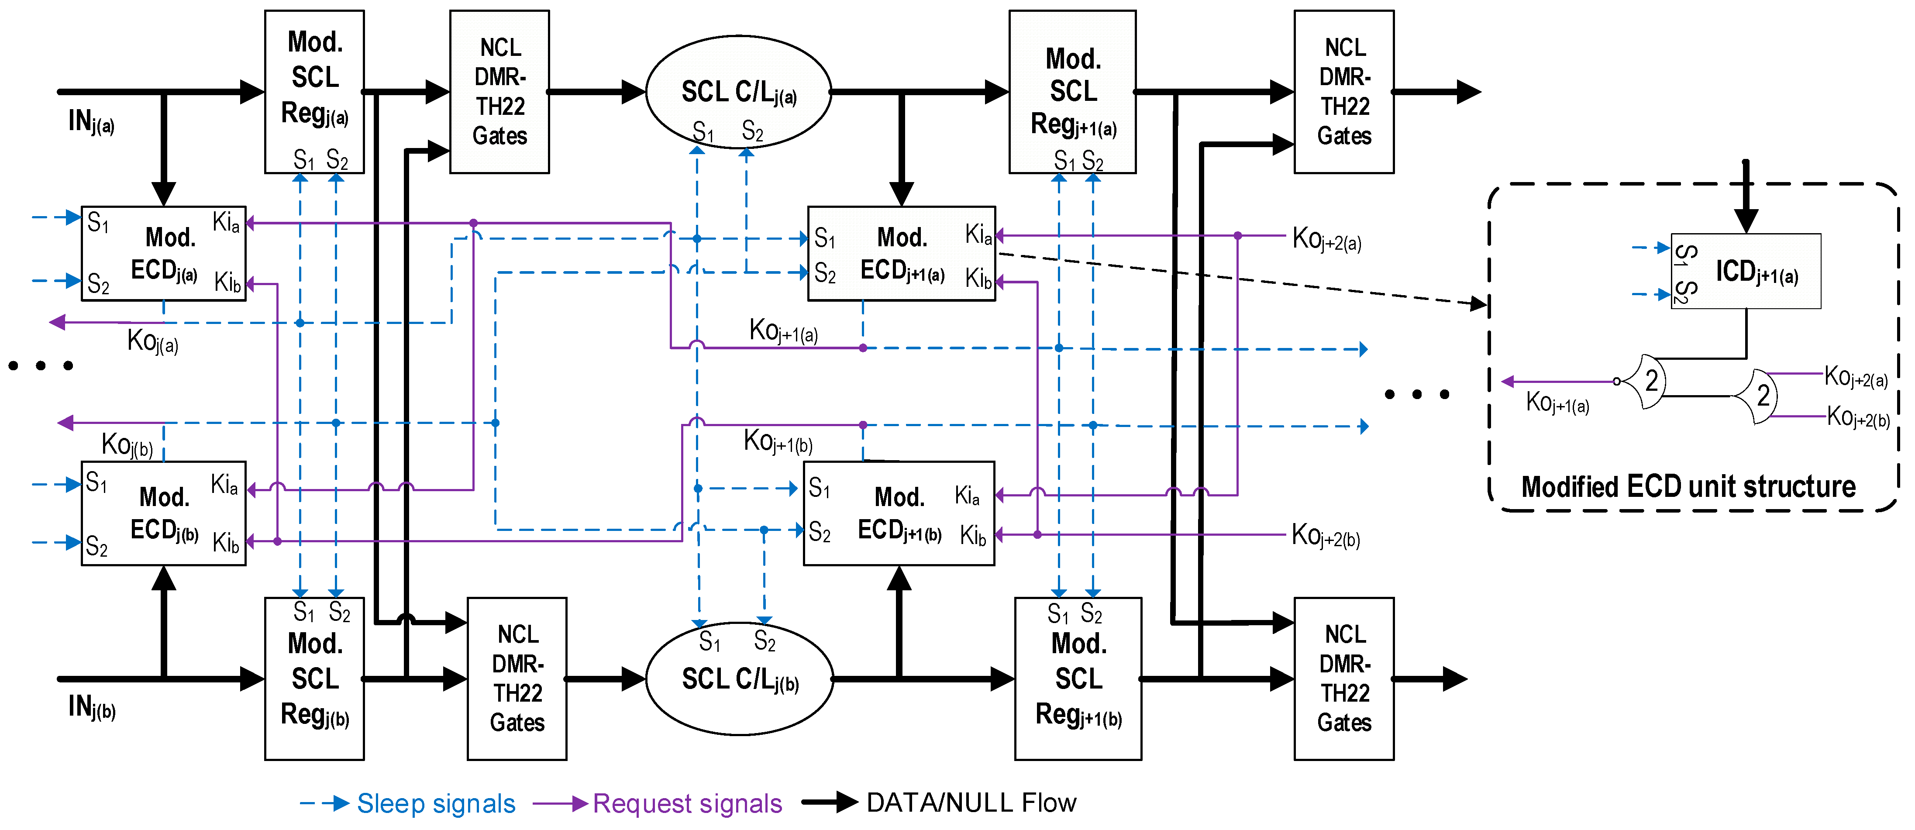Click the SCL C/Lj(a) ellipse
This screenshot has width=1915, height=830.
pyautogui.click(x=738, y=91)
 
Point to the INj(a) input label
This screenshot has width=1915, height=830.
pyautogui.click(x=91, y=121)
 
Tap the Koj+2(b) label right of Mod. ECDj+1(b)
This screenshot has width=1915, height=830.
pyautogui.click(x=1326, y=535)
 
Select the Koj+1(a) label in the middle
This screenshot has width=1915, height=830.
pyautogui.click(x=783, y=330)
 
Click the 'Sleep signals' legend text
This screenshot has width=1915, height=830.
pyautogui.click(x=436, y=803)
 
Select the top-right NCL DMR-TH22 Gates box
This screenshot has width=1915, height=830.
pyautogui.click(x=1343, y=91)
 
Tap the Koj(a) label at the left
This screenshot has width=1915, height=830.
pyautogui.click(x=152, y=341)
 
